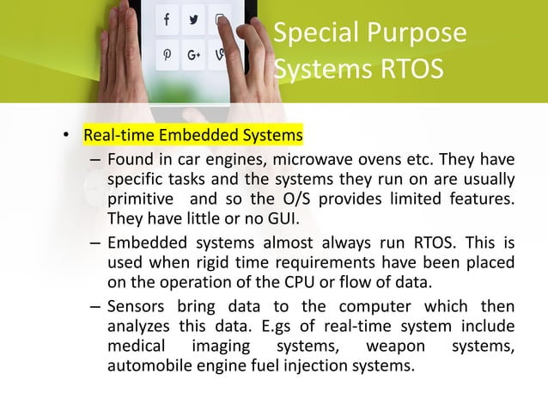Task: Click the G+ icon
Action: [193, 55]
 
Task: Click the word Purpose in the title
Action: [420, 34]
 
